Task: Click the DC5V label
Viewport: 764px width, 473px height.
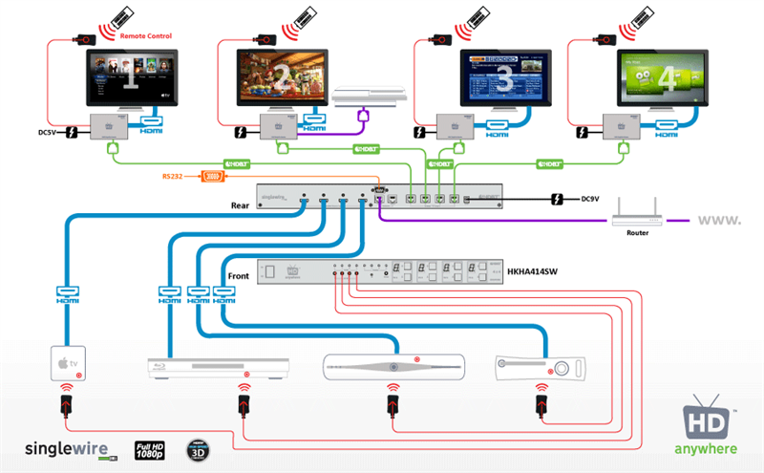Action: point(50,132)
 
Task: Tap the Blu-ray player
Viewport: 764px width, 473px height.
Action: point(218,366)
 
